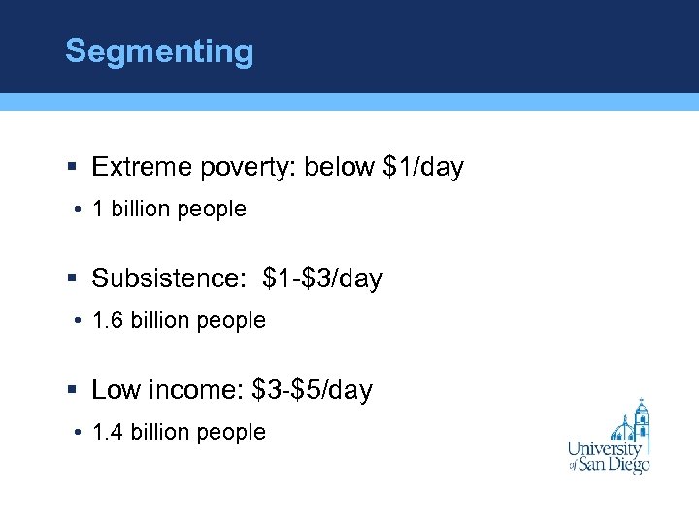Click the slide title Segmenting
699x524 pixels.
tap(158, 51)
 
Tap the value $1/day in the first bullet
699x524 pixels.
tap(424, 167)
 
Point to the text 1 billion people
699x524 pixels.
tap(169, 209)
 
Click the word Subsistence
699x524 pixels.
tap(170, 279)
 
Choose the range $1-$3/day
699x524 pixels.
tap(322, 279)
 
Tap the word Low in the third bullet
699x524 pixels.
tap(115, 390)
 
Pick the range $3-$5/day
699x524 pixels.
tap(312, 390)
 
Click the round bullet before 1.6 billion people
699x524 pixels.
tap(76, 321)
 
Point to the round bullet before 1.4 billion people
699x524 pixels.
tap(76, 433)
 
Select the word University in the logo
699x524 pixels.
tap(605, 448)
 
